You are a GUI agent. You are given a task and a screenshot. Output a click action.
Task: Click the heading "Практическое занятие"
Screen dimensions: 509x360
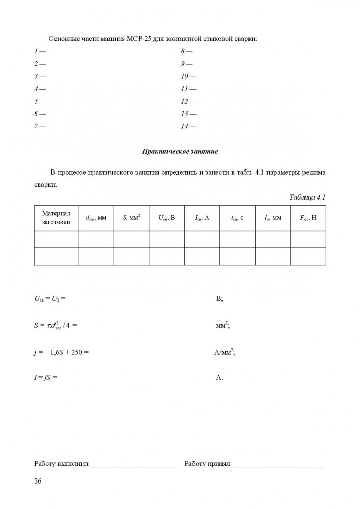[x=180, y=151]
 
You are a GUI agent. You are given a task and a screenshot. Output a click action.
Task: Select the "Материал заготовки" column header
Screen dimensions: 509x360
[x=56, y=218]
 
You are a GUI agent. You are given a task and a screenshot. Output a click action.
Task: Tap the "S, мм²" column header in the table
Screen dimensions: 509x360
[x=131, y=218]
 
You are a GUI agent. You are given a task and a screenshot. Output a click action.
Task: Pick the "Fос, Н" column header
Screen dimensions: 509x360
[x=308, y=218]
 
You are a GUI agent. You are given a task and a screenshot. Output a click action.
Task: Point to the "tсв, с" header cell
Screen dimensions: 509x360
[x=237, y=218]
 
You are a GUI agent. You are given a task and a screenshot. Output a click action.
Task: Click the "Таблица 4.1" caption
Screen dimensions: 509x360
[x=307, y=197]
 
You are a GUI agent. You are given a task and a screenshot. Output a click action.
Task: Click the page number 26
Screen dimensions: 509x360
[x=38, y=482]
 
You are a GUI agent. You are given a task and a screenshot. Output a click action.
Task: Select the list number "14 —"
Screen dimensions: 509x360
[x=188, y=126]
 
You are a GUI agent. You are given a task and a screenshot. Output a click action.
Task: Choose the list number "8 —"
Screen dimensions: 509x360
[x=186, y=51]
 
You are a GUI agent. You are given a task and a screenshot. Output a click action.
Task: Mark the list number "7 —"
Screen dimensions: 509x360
[x=39, y=126]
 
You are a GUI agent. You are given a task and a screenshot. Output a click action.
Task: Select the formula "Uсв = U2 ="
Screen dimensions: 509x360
[x=50, y=299]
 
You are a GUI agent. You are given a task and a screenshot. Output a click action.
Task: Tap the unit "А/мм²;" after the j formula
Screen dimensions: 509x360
[x=225, y=351]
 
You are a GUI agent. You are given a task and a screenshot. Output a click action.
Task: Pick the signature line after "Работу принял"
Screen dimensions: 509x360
[x=278, y=465]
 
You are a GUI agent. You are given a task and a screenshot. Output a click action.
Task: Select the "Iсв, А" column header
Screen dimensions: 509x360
[x=202, y=218]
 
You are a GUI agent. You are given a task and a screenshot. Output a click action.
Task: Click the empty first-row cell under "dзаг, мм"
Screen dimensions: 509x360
[x=96, y=239]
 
